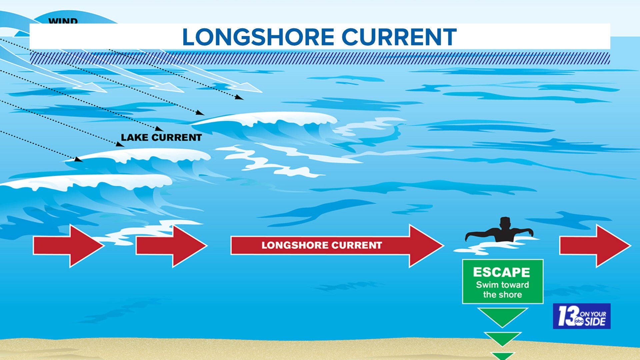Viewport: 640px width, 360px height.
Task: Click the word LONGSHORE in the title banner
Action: [258, 37]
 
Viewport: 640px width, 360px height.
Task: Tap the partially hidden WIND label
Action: [63, 21]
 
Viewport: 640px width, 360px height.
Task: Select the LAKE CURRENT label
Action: [161, 137]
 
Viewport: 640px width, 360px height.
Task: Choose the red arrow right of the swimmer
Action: [595, 246]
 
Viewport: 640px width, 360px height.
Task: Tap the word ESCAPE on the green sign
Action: [501, 272]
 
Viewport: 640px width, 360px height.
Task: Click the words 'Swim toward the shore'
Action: [502, 290]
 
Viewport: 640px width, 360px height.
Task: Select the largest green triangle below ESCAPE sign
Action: [502, 316]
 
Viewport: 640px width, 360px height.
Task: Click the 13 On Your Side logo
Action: [581, 316]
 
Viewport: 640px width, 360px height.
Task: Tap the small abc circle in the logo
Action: [579, 321]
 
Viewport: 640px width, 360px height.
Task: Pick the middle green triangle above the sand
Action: [502, 338]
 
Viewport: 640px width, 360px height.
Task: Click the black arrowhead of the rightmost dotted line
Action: [239, 97]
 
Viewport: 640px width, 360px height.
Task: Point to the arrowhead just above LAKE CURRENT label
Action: [160, 129]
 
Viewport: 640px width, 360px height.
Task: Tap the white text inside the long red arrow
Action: [321, 245]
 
